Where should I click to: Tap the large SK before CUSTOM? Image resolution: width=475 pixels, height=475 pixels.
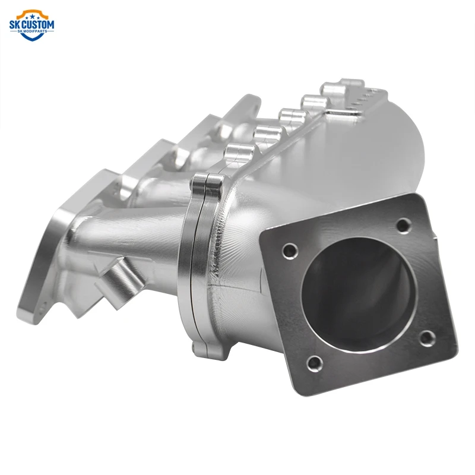point(15,24)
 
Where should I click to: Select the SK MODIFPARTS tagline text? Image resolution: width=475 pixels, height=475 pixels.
point(32,32)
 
